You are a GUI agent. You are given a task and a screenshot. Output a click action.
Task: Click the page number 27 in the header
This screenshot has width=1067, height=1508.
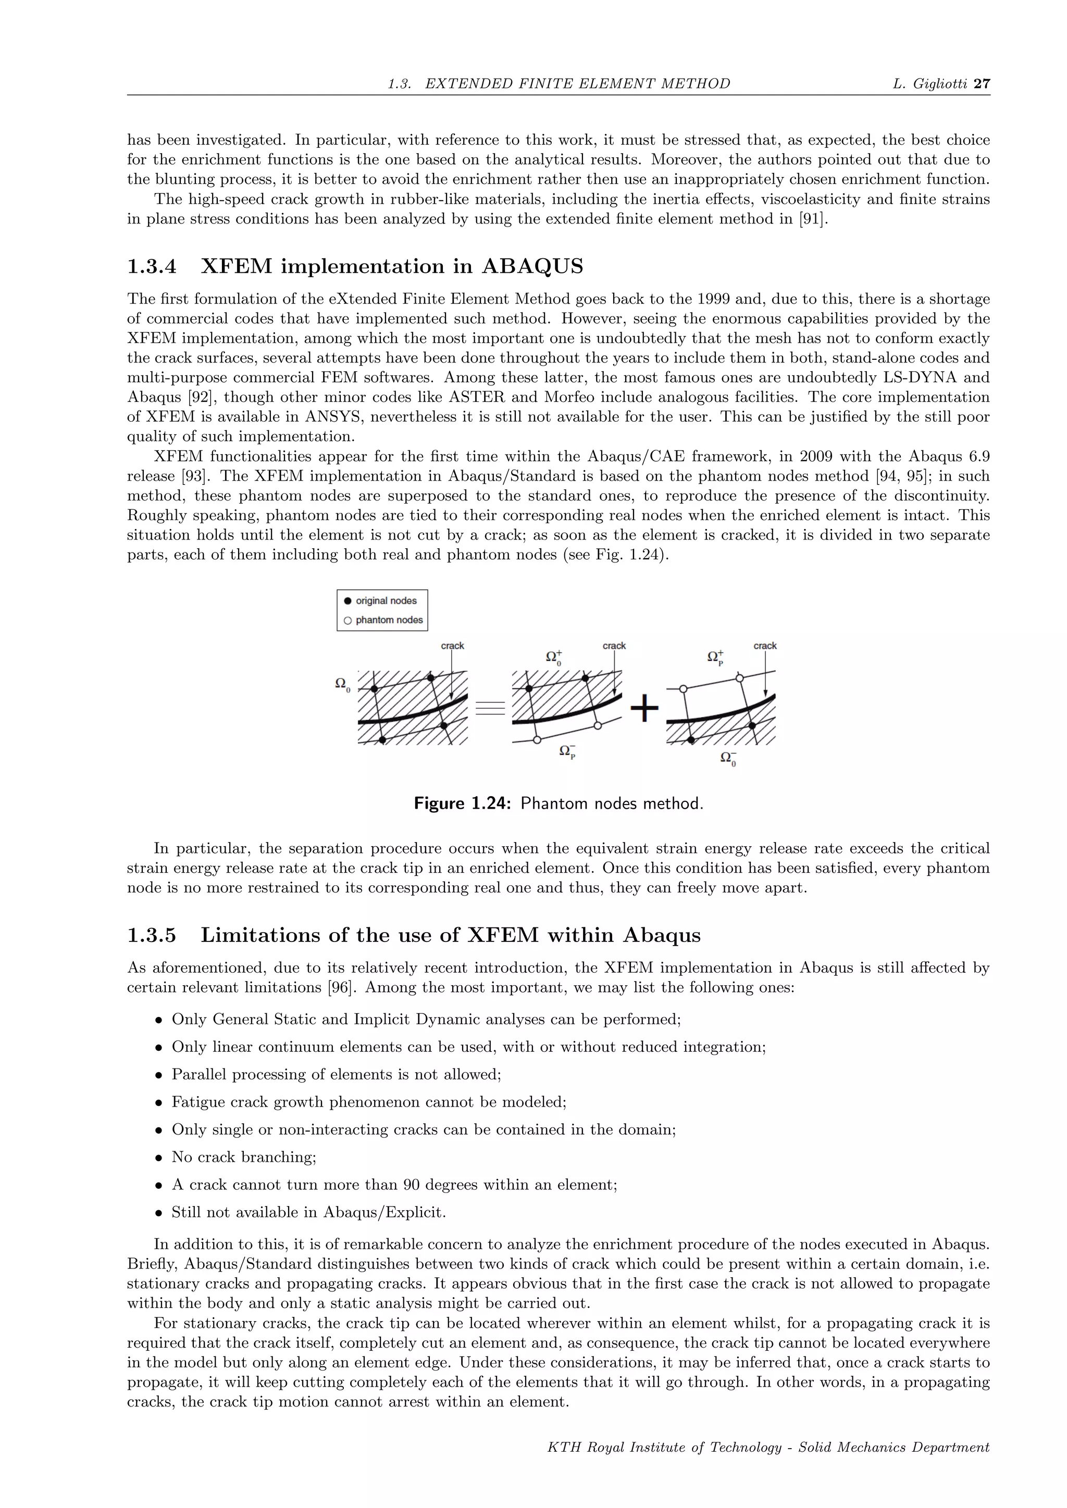982,83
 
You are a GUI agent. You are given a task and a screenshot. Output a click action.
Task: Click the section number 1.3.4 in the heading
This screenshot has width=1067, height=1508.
152,267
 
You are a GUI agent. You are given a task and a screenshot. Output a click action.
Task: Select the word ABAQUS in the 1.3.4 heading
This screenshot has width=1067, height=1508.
532,267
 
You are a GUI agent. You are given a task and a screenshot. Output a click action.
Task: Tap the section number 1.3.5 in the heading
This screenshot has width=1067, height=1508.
152,935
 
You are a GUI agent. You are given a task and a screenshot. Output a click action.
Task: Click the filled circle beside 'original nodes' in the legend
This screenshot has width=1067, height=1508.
348,601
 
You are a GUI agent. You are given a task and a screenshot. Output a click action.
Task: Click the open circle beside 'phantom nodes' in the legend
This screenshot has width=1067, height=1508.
348,620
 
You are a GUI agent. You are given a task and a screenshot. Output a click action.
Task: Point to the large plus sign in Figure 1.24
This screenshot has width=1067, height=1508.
644,709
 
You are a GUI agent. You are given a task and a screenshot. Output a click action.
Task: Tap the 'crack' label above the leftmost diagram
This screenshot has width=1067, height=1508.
452,646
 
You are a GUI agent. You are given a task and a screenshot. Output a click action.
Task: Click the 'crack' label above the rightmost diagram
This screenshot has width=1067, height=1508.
765,646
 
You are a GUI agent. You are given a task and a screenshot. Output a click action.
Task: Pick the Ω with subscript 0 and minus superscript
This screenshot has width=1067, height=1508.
728,758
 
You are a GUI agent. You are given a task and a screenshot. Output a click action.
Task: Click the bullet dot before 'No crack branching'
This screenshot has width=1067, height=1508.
158,1158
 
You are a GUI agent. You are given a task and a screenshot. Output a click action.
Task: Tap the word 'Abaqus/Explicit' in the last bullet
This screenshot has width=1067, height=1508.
384,1212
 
